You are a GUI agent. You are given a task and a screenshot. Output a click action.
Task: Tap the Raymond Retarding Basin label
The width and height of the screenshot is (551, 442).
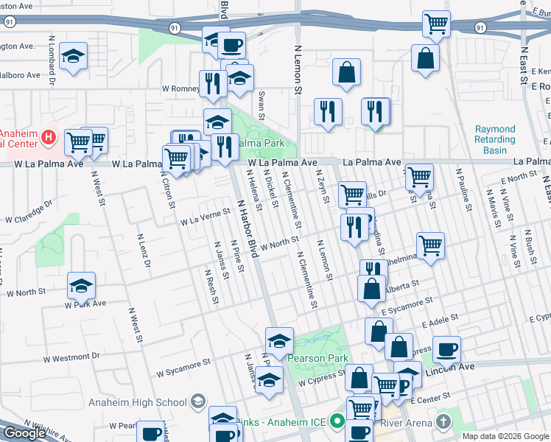coord(495,139)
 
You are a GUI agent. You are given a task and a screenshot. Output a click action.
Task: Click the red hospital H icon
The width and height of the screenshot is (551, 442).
coord(49,136)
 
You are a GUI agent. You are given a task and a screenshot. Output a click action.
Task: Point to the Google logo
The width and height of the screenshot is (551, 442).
coord(24,433)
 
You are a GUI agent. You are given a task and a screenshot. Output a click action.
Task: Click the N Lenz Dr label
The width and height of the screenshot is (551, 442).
coord(144,250)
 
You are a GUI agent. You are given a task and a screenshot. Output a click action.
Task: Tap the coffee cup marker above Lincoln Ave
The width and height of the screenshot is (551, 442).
coord(446,348)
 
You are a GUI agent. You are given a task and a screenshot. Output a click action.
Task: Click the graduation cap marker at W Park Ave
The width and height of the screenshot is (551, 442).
coord(82,285)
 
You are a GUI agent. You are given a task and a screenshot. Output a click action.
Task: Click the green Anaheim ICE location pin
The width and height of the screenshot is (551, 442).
coord(337,422)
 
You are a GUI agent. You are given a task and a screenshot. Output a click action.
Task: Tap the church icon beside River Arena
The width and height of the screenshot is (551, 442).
coord(442,422)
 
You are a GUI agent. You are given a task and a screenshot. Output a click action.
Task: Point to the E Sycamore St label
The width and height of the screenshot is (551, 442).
coord(407,304)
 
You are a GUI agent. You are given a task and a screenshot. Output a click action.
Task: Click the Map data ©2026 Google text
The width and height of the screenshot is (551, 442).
coord(505,436)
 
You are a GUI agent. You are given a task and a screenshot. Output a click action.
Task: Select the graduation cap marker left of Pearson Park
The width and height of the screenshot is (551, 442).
coord(279,341)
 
